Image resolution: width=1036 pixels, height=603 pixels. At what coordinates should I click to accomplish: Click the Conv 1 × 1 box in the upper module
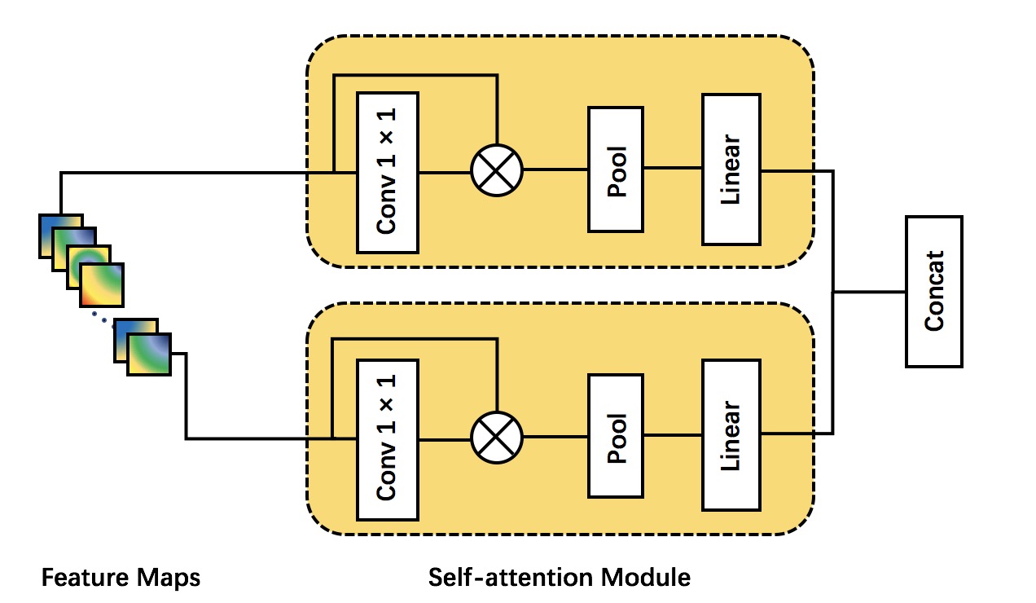pyautogui.click(x=387, y=172)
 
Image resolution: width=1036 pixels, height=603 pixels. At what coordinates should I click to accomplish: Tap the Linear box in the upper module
pyautogui.click(x=731, y=169)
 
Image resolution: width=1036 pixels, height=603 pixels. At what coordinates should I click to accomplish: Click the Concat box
pyautogui.click(x=933, y=291)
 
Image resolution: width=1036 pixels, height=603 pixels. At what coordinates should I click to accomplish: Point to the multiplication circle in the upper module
pyautogui.click(x=497, y=171)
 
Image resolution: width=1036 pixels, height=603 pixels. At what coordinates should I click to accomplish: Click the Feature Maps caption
pyautogui.click(x=121, y=579)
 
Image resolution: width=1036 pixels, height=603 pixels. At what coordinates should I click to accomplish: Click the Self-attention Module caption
pyautogui.click(x=559, y=579)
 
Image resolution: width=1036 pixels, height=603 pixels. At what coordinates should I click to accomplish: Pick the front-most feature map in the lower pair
pyautogui.click(x=149, y=354)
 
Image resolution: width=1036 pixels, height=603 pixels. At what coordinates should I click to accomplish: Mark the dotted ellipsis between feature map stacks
pyautogui.click(x=100, y=318)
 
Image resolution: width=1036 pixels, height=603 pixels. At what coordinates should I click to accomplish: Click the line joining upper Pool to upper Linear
pyautogui.click(x=672, y=169)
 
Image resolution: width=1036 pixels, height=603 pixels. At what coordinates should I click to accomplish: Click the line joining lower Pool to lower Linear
pyautogui.click(x=672, y=435)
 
